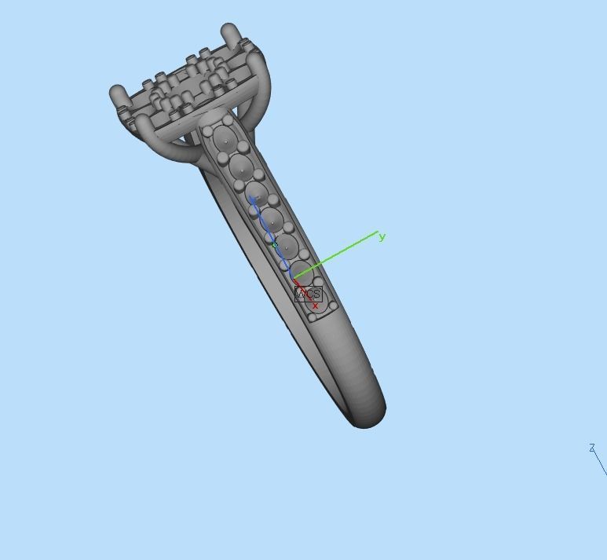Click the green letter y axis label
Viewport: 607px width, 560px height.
(x=382, y=236)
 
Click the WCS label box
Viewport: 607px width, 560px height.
(x=308, y=294)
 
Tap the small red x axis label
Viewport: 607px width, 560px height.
(x=315, y=306)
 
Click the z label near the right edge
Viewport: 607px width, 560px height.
(x=591, y=448)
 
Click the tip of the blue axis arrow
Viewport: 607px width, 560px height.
(x=252, y=198)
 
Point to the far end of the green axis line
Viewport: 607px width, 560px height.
(x=378, y=234)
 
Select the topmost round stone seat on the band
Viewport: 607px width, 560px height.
(x=225, y=141)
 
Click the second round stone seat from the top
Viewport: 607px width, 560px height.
(x=241, y=167)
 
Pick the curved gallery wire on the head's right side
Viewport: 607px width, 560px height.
(x=264, y=94)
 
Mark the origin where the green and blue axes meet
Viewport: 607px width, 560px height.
(x=293, y=278)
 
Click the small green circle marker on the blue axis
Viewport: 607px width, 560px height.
(x=275, y=246)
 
